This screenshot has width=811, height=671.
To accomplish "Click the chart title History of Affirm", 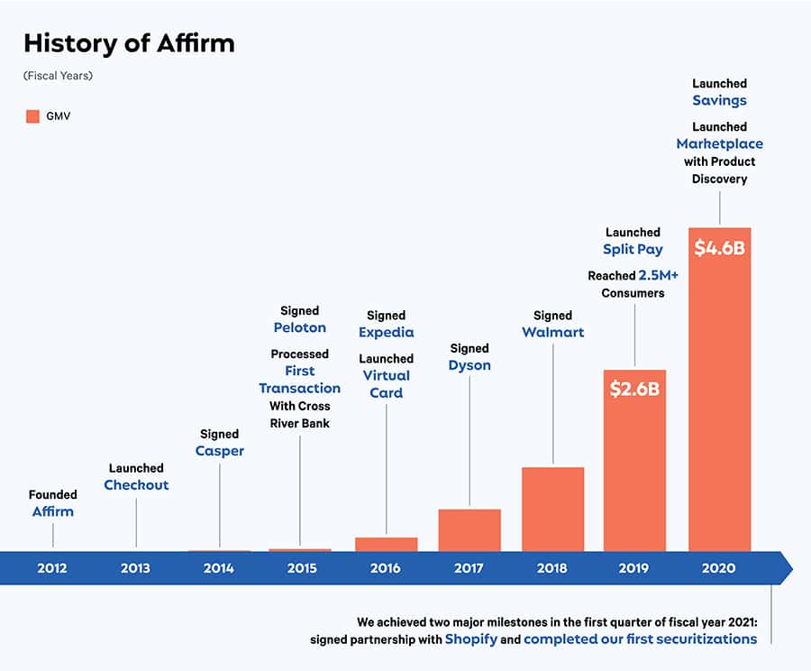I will click(129, 43).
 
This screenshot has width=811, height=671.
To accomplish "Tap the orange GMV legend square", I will click(32, 115).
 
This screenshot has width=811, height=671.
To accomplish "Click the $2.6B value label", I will click(634, 390).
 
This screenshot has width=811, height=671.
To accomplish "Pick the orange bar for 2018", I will click(552, 510).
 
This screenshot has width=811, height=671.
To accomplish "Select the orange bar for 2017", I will click(469, 530).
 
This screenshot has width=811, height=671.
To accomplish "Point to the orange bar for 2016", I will click(387, 544).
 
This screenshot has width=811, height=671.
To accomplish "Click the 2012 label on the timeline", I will click(52, 568).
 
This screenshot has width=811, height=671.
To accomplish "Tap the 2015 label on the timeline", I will click(302, 568).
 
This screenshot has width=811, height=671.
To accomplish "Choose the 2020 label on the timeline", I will click(718, 568).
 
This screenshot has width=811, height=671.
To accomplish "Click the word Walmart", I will click(552, 332).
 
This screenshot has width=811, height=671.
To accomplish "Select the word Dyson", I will click(469, 365).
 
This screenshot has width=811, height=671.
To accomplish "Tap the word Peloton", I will click(299, 327).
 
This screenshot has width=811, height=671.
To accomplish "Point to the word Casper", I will click(219, 451).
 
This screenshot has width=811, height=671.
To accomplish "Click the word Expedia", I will click(386, 332).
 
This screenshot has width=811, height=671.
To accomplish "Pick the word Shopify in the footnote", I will click(470, 639).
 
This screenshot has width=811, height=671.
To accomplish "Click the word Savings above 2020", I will click(719, 101).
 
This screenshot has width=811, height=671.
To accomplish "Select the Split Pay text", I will click(633, 249).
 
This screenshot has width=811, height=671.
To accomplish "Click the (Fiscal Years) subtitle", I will click(58, 76).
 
